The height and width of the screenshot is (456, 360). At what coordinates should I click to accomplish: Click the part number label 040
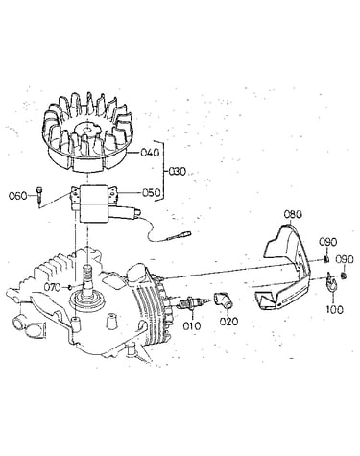(x=150, y=153)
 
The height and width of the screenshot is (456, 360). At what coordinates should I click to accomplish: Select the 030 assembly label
(x=177, y=172)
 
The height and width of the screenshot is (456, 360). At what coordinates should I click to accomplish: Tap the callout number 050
(x=151, y=193)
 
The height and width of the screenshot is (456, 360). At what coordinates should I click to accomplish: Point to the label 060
(x=18, y=196)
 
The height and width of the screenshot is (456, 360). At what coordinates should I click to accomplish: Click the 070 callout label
(x=52, y=287)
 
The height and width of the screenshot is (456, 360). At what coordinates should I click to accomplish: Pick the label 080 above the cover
(x=293, y=214)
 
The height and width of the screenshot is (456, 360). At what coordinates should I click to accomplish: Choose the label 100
(x=335, y=309)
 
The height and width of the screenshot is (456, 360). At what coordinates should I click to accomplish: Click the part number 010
(x=192, y=326)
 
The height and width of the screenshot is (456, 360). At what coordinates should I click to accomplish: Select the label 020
(x=229, y=321)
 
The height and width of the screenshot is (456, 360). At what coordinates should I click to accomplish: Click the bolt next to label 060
(x=39, y=194)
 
